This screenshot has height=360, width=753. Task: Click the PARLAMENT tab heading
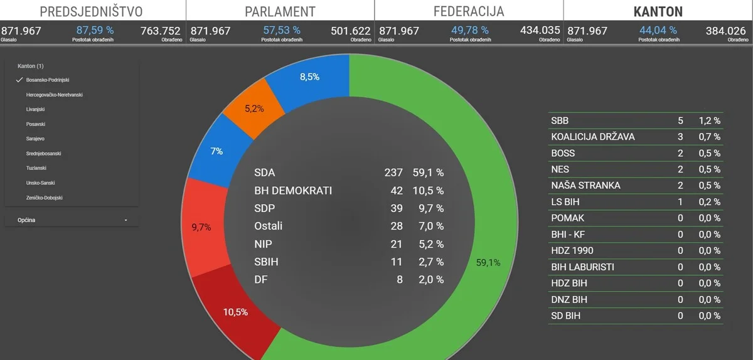point(280,12)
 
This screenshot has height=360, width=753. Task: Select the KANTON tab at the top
point(658,12)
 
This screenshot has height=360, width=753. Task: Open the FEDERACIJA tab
point(468,12)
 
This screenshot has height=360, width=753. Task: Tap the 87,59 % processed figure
point(95,30)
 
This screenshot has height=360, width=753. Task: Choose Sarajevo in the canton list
point(35,139)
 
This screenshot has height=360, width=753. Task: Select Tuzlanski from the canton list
point(36,168)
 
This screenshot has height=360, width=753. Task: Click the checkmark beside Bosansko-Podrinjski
point(19,80)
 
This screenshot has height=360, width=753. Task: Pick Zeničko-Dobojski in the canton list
point(44,198)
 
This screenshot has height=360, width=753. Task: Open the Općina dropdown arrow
point(126,221)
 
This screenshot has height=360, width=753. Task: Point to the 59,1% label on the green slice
point(488,263)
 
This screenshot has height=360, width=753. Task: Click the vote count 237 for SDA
point(393,173)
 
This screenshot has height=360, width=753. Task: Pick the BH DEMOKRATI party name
point(293,191)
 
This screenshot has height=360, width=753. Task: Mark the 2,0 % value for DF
point(431,280)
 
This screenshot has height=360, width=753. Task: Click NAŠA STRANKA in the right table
point(585,186)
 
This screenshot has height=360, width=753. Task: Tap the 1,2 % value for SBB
point(709,120)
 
